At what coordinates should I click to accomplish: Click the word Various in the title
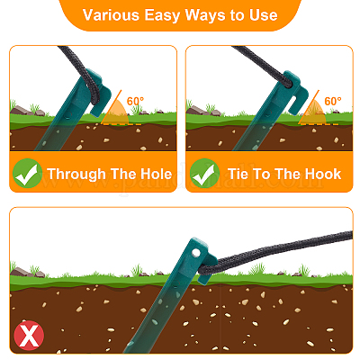111,14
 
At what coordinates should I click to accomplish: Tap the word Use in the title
263,14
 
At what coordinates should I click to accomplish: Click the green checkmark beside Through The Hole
27,173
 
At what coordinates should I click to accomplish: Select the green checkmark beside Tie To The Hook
204,173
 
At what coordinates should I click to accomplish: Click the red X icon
29,336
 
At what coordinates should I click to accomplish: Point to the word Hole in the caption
157,174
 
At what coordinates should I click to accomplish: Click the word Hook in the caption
325,174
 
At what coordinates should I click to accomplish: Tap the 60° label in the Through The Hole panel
135,101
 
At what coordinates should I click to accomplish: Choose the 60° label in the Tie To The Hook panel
333,101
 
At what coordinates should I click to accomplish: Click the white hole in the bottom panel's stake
196,253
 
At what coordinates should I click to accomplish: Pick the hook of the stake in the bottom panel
208,268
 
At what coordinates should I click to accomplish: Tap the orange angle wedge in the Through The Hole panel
116,113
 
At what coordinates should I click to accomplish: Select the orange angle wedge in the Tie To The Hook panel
313,112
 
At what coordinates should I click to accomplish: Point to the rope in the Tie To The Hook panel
264,66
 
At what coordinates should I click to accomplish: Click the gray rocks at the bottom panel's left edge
27,272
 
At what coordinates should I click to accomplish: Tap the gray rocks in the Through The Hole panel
27,111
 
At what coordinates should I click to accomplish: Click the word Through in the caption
76,175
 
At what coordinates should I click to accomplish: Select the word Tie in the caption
238,174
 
